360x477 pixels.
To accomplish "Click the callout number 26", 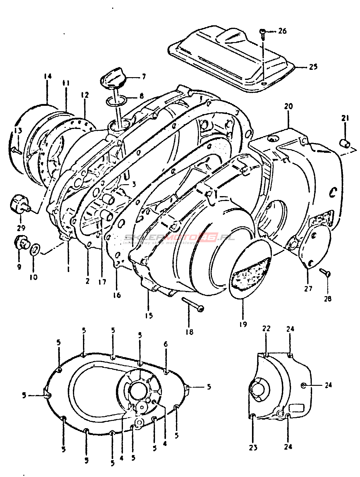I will pos(283,31).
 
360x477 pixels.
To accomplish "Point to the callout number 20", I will pos(288,106).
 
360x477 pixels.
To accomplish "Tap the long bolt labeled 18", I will pos(192,304).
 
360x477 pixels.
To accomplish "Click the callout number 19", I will pos(243,324).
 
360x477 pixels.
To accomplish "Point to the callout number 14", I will pos(47,76).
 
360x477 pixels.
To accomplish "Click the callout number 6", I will pos(166,344).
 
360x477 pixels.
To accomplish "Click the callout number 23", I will pos(253,447).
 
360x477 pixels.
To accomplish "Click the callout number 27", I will pos(308,288).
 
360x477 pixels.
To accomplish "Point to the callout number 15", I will pos(149,315).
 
